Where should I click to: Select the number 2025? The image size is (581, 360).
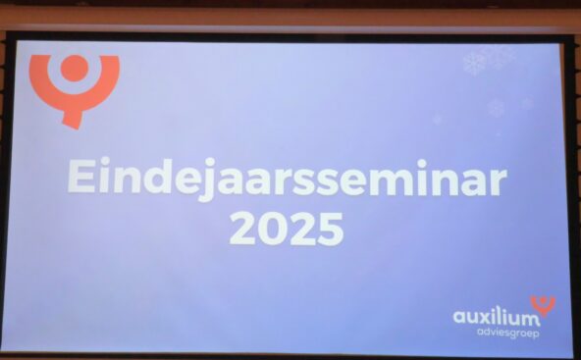point(287,229)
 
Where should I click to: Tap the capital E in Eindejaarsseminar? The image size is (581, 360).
point(81,176)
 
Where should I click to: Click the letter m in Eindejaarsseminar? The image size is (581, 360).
point(395,181)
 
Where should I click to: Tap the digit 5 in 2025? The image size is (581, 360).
point(331,230)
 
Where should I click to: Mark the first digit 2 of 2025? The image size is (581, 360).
point(243,229)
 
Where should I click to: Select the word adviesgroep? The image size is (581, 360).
point(507,333)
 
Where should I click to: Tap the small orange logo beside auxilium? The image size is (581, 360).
point(543,305)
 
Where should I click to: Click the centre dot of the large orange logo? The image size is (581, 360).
point(75,68)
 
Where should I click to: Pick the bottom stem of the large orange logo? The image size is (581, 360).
point(73,119)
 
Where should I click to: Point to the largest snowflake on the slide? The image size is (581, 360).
point(475,63)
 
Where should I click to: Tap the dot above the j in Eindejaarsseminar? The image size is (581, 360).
point(210,162)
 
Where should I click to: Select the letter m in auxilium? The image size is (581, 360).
point(529,319)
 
